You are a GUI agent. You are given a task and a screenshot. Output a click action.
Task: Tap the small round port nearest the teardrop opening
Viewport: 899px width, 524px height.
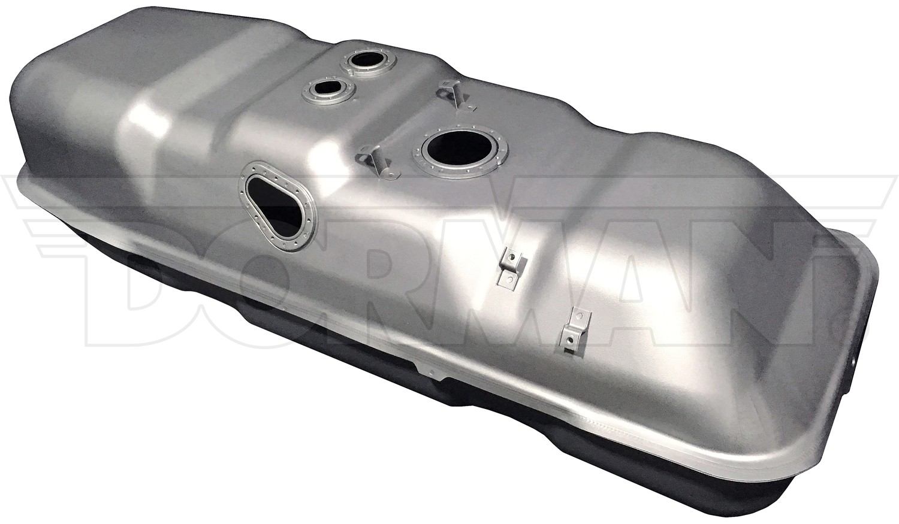pos(328,89)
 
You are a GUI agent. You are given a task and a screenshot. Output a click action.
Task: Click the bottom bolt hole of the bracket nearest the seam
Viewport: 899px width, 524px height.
pos(571,341)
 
